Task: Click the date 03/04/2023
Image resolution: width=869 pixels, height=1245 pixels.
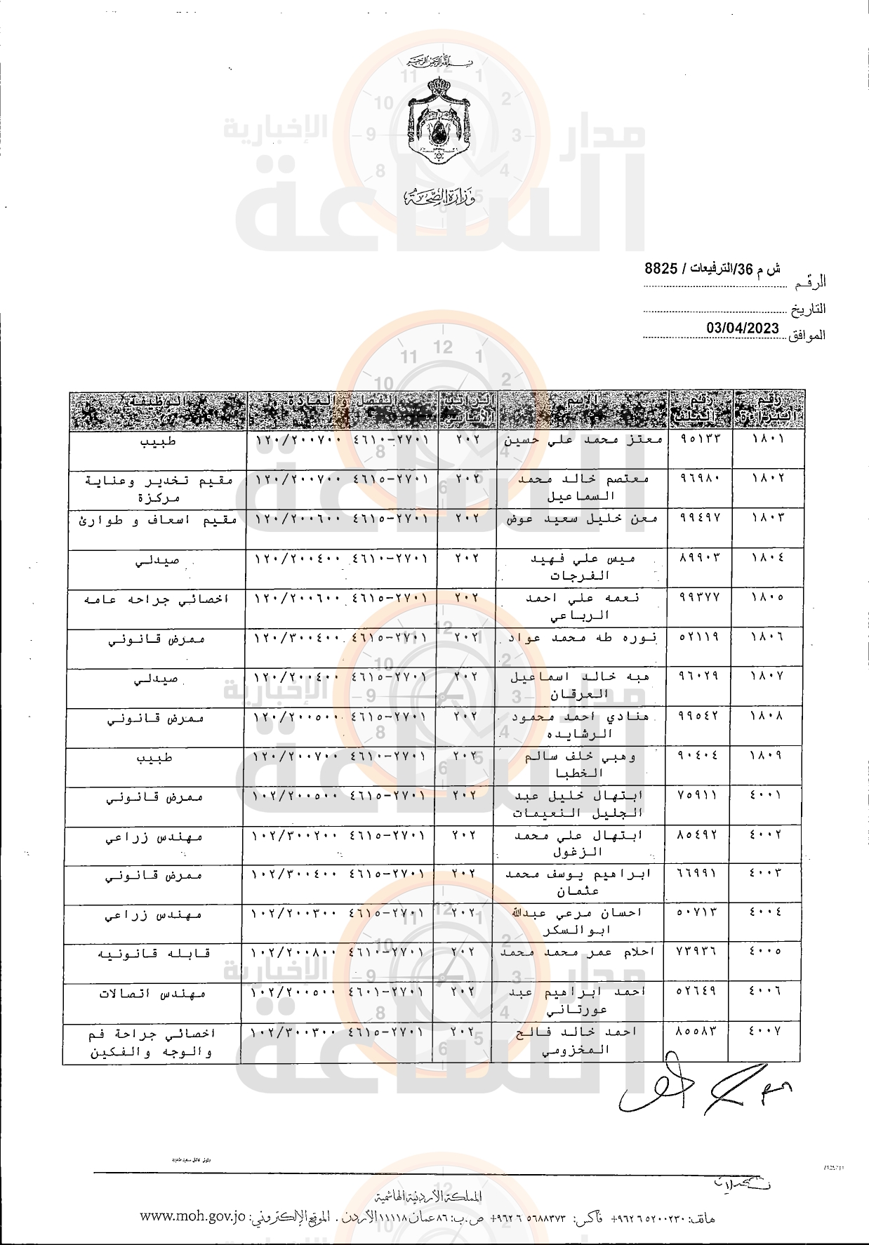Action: (x=743, y=328)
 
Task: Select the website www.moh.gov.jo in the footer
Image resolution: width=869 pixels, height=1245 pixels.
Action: (x=193, y=1217)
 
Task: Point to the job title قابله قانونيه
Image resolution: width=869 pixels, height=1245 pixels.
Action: (x=154, y=954)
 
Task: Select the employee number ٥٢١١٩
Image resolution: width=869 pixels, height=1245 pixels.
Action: (x=700, y=638)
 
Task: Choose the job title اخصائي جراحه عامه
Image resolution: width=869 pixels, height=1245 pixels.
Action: (x=157, y=599)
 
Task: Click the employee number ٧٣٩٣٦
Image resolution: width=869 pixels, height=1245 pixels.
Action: (x=698, y=952)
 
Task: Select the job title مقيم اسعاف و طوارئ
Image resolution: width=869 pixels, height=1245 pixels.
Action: (x=157, y=520)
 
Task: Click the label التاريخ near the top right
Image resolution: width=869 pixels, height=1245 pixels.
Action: (x=809, y=309)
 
